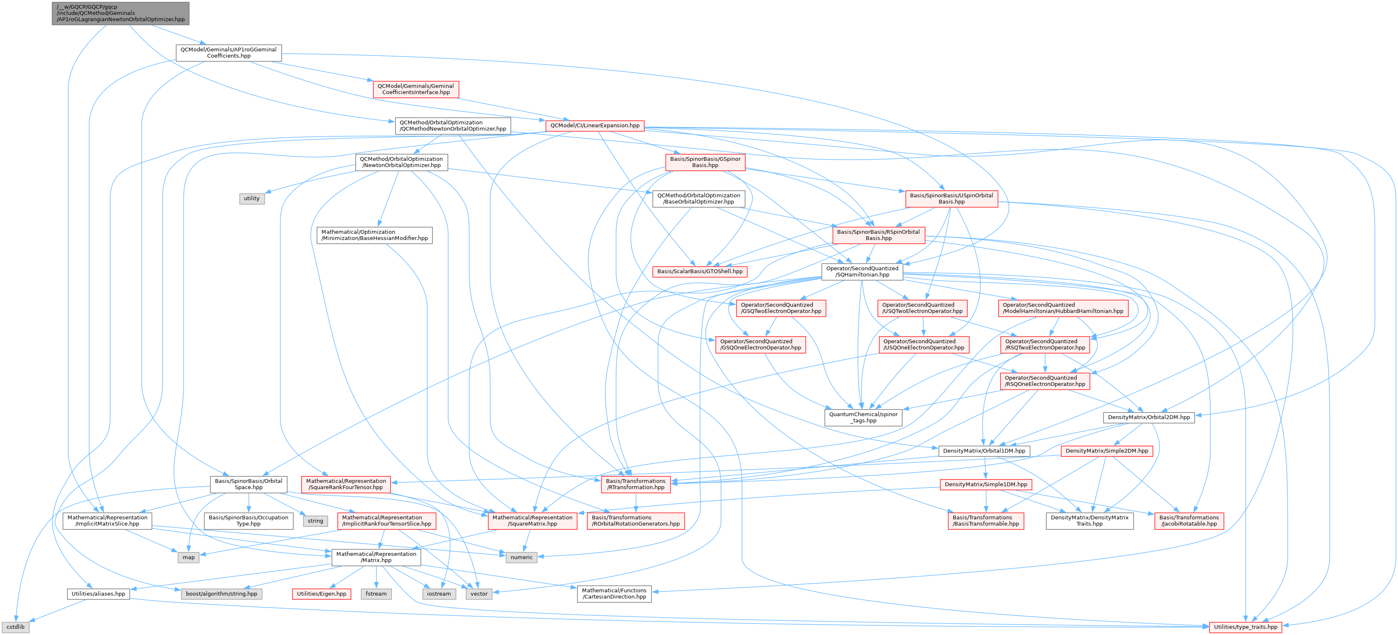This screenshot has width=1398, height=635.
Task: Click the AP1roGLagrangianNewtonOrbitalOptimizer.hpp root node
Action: tap(121, 13)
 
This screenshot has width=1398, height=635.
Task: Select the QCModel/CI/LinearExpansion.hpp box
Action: tap(595, 126)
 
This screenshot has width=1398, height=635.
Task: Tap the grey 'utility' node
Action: tap(251, 198)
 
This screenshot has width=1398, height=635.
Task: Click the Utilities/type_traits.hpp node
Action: tap(1246, 626)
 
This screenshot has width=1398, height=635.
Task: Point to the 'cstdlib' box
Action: tap(15, 626)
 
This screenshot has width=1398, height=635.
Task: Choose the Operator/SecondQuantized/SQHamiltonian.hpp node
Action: tap(862, 271)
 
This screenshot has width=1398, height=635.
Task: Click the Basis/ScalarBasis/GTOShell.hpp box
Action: tap(700, 271)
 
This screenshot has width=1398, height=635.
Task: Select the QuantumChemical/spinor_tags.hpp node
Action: tap(863, 417)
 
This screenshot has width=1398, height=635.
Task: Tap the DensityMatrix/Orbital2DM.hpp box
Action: tap(1148, 417)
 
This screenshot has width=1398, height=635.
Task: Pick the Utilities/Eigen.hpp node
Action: tap(321, 594)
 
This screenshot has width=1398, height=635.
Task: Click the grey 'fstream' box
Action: tap(376, 594)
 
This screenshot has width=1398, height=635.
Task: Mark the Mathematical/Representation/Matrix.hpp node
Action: tap(376, 557)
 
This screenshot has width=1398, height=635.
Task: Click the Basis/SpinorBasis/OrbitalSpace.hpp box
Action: tap(249, 484)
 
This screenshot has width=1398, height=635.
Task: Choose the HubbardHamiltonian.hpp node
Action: tap(1062, 308)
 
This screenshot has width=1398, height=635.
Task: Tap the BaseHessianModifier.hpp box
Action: tap(374, 235)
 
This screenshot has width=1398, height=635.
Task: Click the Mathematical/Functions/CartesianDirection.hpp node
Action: tap(614, 593)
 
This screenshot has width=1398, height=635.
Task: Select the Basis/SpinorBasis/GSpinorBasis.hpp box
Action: tap(705, 162)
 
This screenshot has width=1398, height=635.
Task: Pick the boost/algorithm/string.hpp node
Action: tap(222, 594)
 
